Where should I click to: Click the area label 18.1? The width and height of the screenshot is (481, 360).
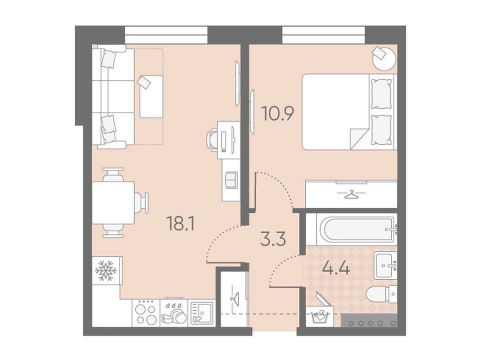(x=180, y=223)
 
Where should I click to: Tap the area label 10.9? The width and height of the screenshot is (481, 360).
(x=278, y=114)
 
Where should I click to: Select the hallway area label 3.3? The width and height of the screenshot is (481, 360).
(x=273, y=239)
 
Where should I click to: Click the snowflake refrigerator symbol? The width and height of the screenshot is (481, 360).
(x=106, y=271)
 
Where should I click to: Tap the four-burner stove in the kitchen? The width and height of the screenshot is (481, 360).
(x=146, y=313)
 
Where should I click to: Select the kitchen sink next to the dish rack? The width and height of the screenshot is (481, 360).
(x=202, y=313)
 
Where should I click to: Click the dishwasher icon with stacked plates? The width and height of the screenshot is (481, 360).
(x=174, y=313)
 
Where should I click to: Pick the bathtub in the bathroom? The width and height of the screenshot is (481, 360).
(x=357, y=230)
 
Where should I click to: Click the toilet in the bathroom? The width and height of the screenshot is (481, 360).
(x=381, y=294)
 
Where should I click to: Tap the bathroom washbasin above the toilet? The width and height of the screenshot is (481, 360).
(x=385, y=265)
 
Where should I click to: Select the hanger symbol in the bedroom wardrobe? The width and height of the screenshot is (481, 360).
(x=351, y=194)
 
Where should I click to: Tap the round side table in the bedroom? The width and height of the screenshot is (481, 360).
(x=384, y=59)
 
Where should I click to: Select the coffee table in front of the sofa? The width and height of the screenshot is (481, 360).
(x=151, y=97)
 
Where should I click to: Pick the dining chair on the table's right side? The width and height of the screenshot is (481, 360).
(x=141, y=203)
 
